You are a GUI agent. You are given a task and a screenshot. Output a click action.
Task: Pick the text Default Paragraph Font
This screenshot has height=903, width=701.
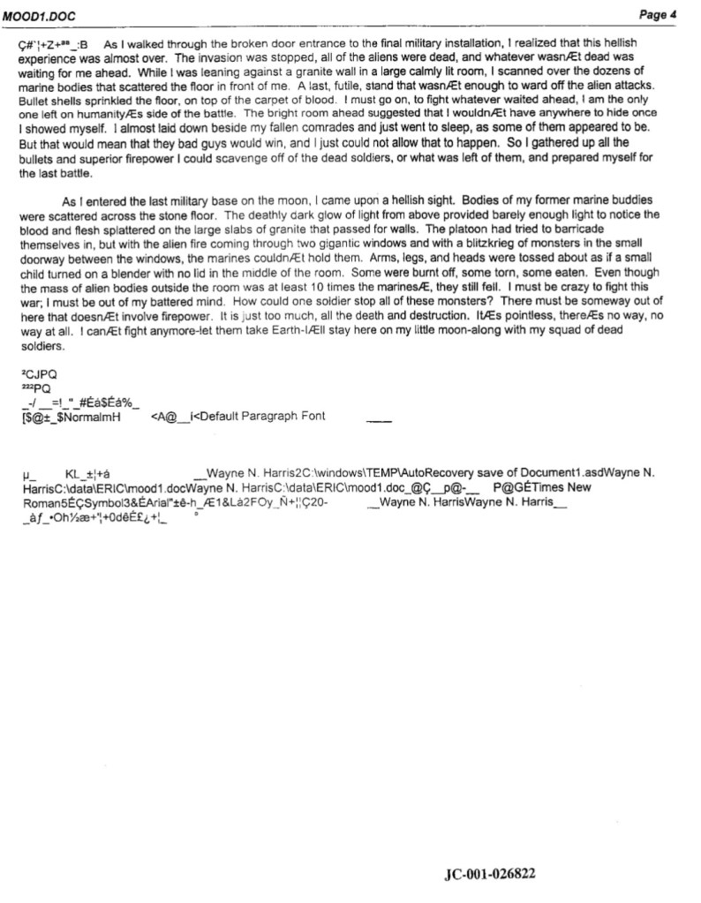[263, 416]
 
